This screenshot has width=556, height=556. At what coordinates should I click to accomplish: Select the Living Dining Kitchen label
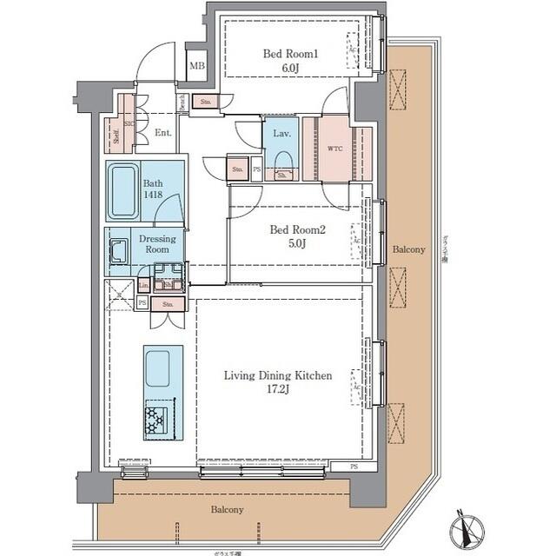click(x=278, y=376)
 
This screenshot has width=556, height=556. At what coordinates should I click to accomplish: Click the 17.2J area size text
click(x=278, y=391)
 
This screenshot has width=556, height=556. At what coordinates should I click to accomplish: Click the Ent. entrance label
click(x=162, y=133)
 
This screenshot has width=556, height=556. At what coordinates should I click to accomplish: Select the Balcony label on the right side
click(x=408, y=249)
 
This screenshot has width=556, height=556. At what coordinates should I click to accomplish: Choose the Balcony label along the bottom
click(x=225, y=510)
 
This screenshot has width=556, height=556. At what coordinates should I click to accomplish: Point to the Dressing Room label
click(x=157, y=244)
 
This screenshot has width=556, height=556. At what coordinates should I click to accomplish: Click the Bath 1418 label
click(x=153, y=189)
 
